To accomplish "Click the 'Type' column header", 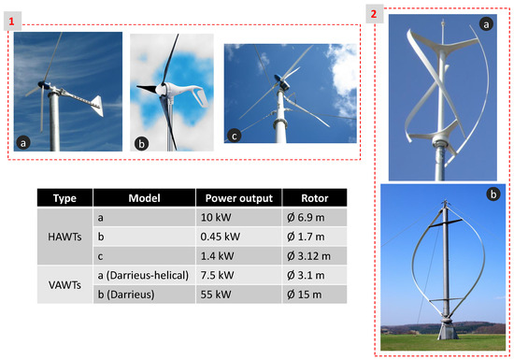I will [64, 197].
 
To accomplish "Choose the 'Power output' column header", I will [236, 197].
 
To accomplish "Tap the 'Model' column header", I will [144, 197].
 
